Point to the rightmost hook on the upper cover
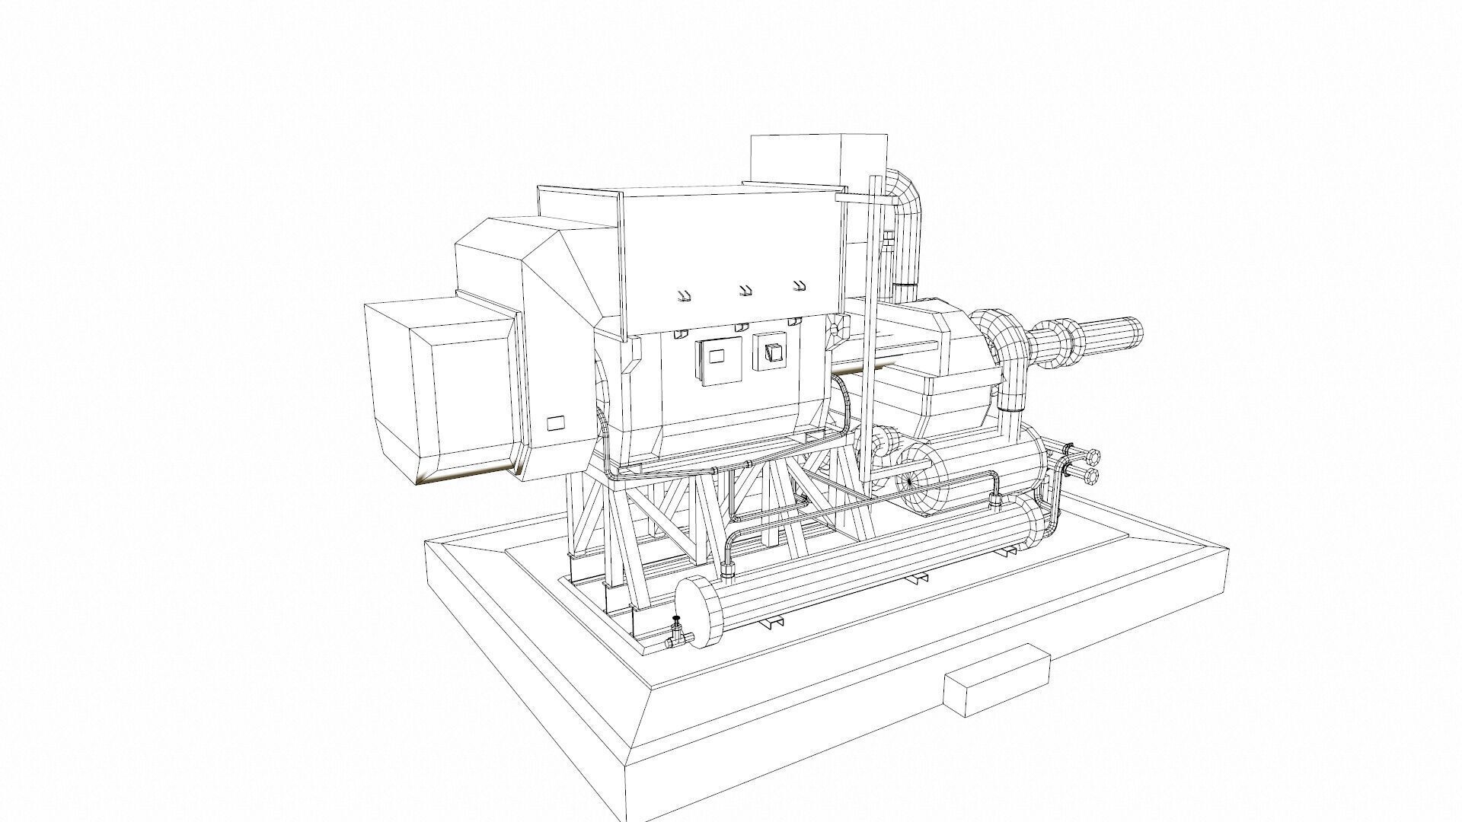point(799,285)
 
